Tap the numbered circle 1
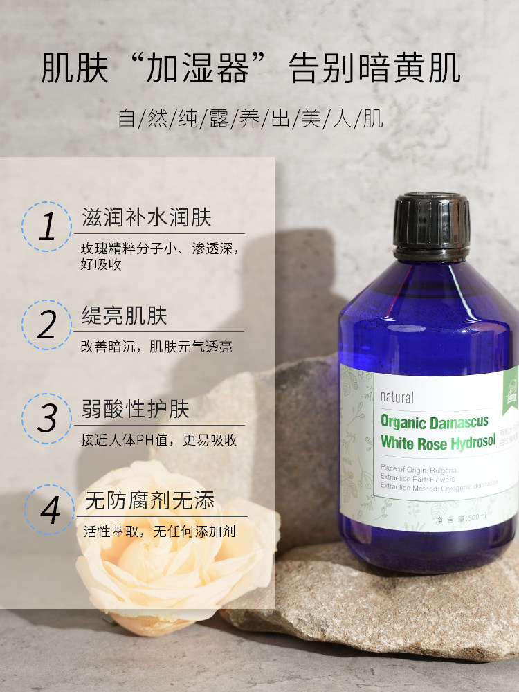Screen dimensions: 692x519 point(47,227)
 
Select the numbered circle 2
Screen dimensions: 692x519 point(47,325)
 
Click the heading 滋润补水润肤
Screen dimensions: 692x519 point(146,218)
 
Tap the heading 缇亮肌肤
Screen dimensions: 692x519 point(124,316)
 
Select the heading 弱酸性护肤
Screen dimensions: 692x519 point(135,409)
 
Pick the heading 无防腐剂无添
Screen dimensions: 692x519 point(149,500)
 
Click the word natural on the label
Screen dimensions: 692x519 point(397,397)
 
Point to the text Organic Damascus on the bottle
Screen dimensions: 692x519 point(434,422)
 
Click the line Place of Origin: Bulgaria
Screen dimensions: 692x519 point(418,468)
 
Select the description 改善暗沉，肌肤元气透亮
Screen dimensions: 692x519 point(156,347)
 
